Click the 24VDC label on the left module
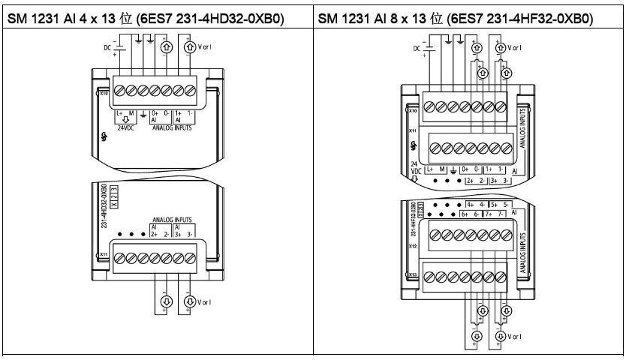click(x=124, y=126)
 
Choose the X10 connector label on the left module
click(x=103, y=94)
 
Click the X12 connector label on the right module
click(x=413, y=243)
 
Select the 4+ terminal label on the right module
click(x=471, y=204)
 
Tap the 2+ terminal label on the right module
click(x=471, y=181)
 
